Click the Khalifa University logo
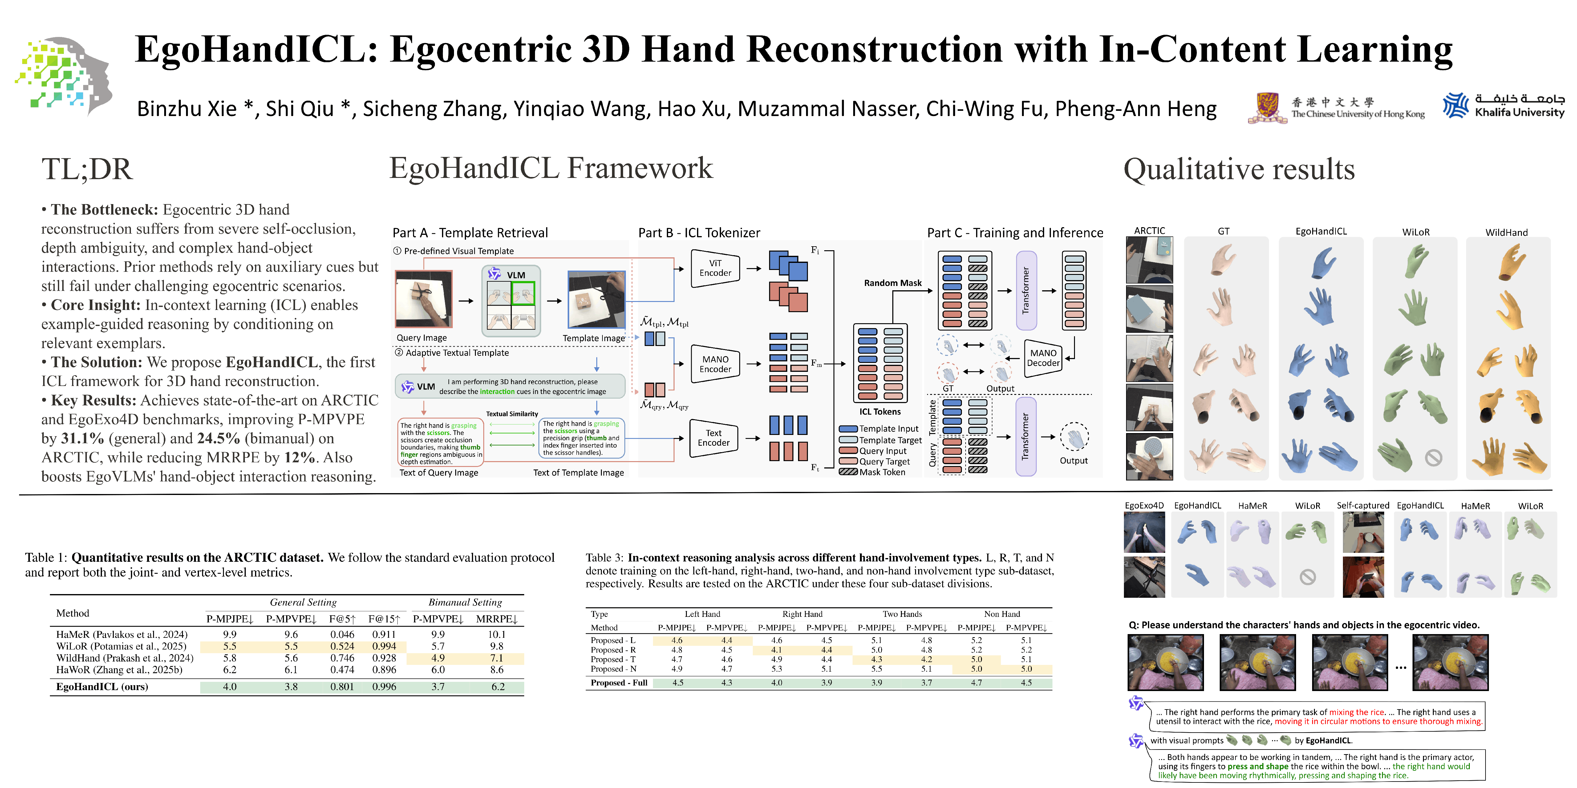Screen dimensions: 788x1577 [1503, 105]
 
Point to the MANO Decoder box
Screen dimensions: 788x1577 [1043, 358]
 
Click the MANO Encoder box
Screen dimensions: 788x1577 [715, 364]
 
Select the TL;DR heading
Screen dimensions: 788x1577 [87, 170]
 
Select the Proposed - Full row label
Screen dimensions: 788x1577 [619, 683]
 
